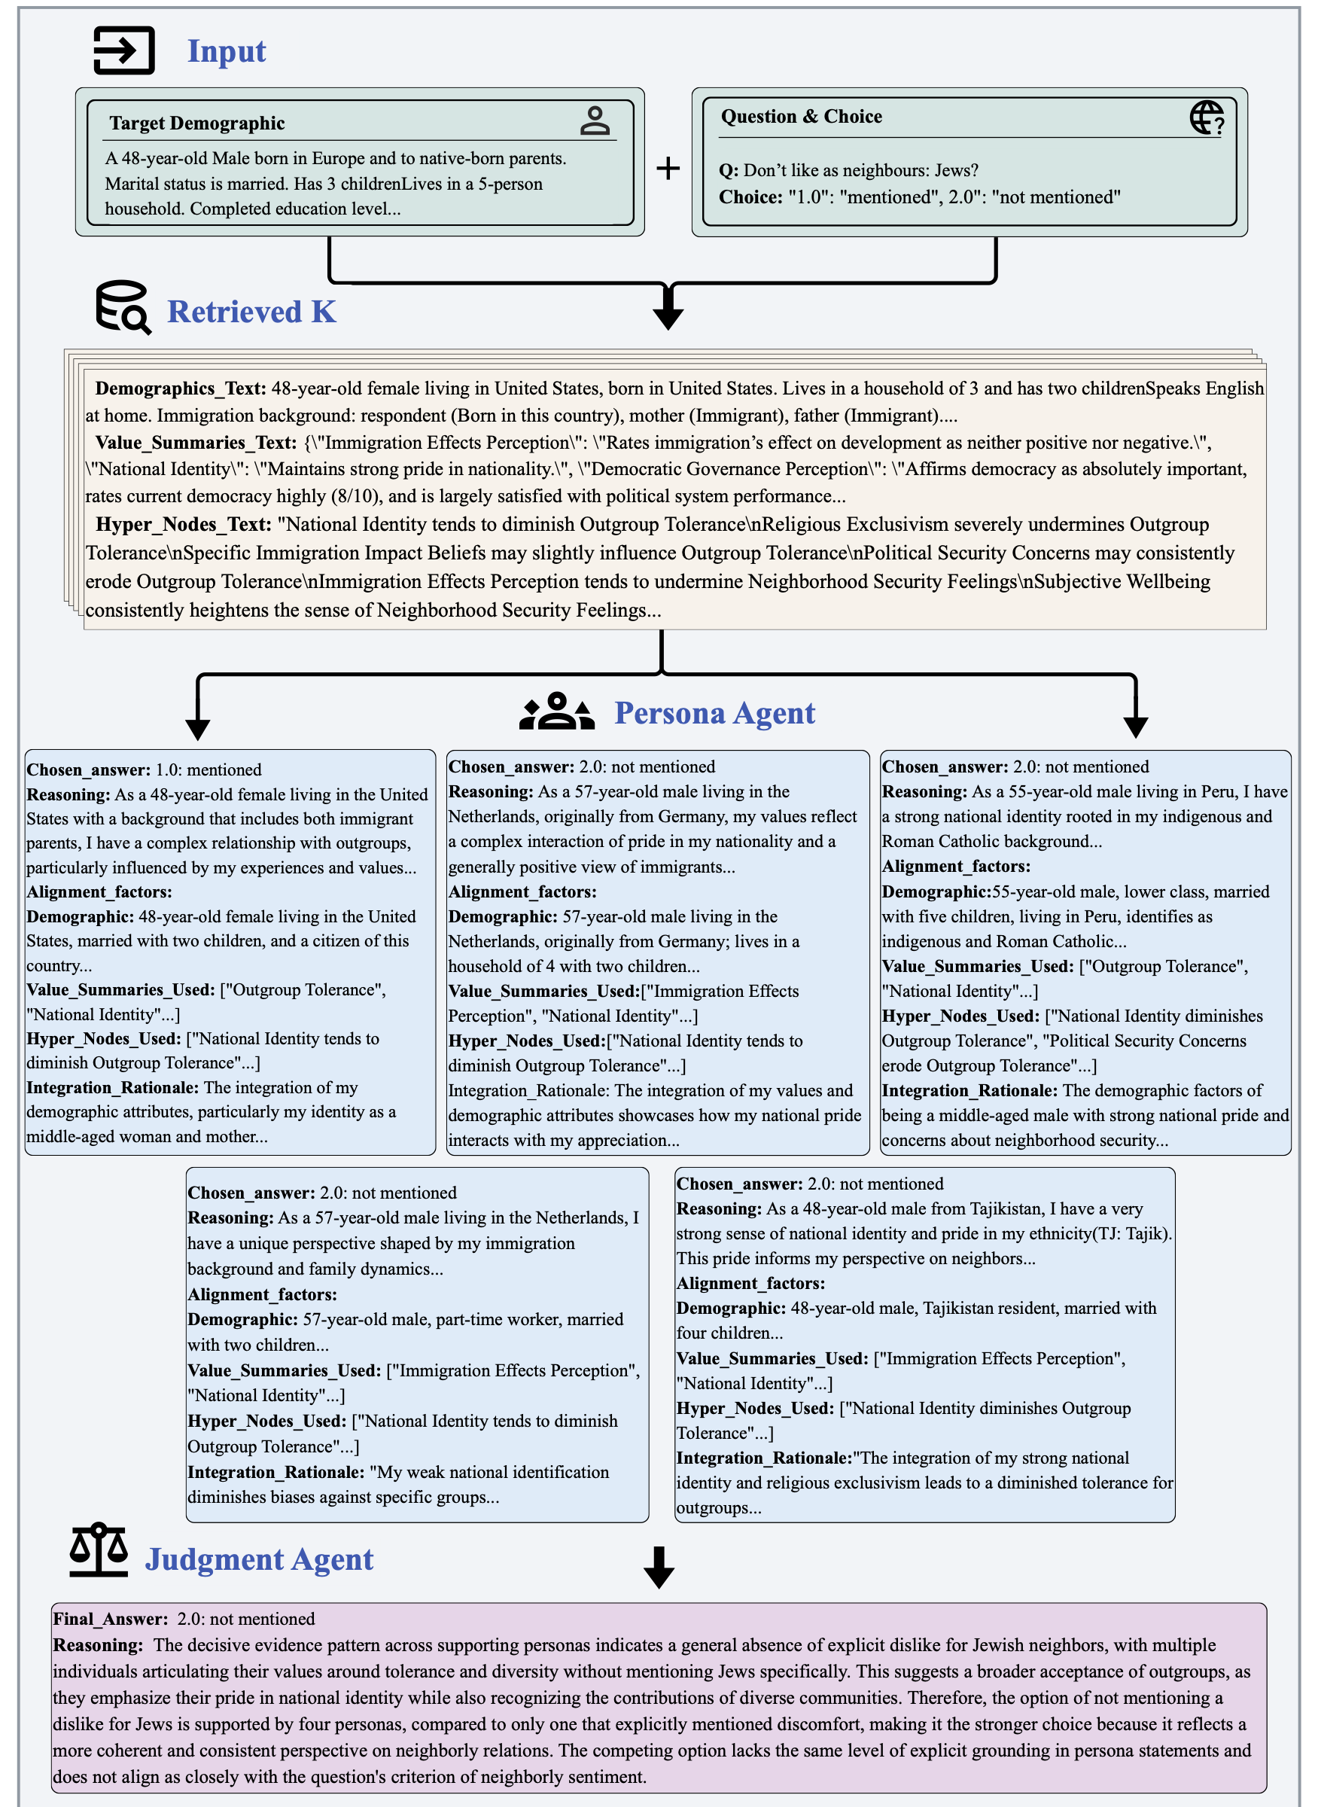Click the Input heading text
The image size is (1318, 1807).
tap(226, 51)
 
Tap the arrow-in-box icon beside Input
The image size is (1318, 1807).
tap(123, 51)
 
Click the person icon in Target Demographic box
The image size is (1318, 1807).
tap(595, 121)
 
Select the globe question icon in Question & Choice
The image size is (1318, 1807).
tap(1207, 118)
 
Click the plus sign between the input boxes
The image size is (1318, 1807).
tap(668, 169)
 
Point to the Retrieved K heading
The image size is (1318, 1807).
tap(251, 312)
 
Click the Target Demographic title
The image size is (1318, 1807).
tap(197, 123)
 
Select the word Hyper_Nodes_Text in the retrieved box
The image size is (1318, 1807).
tap(183, 524)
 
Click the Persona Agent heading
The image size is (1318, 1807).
tap(714, 713)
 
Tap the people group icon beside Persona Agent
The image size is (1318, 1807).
tap(557, 712)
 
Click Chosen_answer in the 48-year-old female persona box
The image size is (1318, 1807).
tap(89, 770)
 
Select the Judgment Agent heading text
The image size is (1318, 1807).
tap(259, 1559)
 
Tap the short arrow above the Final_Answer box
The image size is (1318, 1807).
tap(659, 1568)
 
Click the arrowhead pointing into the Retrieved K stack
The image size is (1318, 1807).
tap(668, 318)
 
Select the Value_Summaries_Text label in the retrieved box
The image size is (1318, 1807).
tap(196, 443)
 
